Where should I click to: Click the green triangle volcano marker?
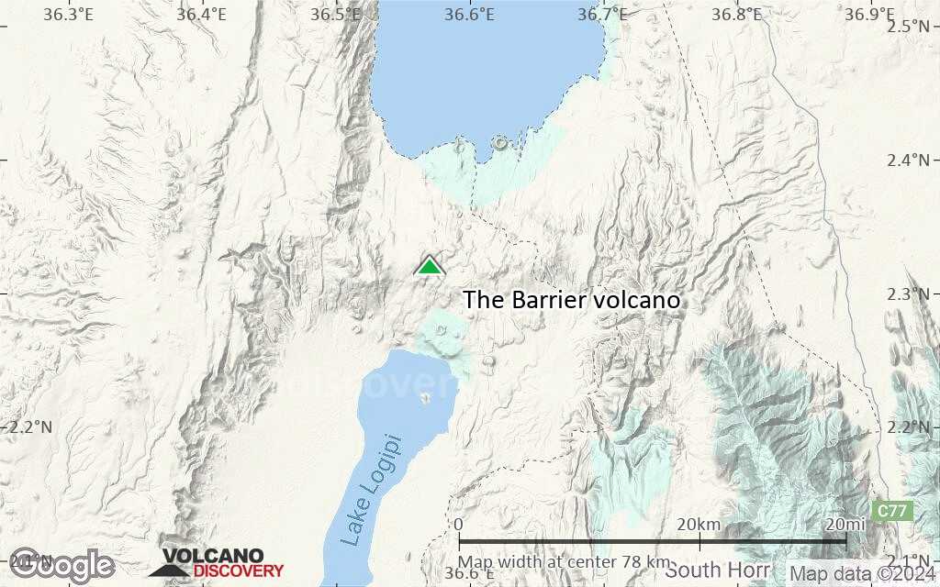pyautogui.click(x=429, y=266)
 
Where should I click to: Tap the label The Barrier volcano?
pyautogui.click(x=571, y=300)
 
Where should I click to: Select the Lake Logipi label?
pyautogui.click(x=371, y=490)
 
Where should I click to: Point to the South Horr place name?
pyautogui.click(x=718, y=570)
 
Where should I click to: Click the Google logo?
pyautogui.click(x=62, y=564)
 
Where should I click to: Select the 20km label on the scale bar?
pyautogui.click(x=698, y=524)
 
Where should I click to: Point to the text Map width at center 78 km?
pyautogui.click(x=565, y=561)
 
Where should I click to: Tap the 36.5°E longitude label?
pyautogui.click(x=336, y=14)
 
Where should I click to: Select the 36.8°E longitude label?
pyautogui.click(x=737, y=14)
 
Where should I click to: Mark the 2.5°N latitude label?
pyautogui.click(x=911, y=25)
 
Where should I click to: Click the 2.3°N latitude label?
pyautogui.click(x=911, y=293)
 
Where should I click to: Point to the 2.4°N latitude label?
pyautogui.click(x=911, y=160)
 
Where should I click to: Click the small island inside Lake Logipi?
pyautogui.click(x=425, y=398)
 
